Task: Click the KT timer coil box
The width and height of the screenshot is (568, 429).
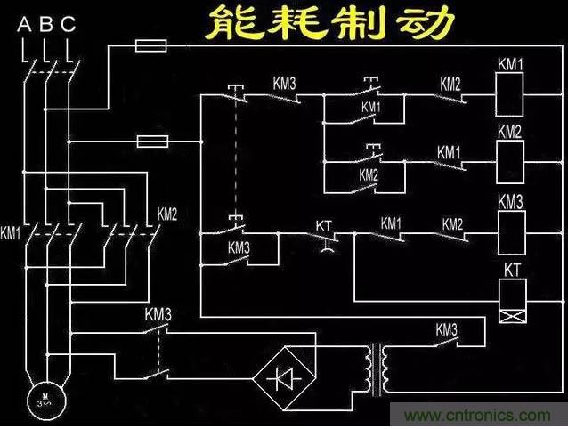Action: tap(515, 300)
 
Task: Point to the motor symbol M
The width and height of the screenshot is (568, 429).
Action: tap(38, 397)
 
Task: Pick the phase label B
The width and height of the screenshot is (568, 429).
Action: tap(45, 24)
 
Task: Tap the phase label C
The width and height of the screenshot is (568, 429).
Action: tap(69, 24)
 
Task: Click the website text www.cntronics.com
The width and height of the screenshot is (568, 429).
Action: tap(476, 416)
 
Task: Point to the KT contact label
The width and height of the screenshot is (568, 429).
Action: tap(323, 225)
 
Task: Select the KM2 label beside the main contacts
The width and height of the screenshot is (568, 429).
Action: tap(167, 214)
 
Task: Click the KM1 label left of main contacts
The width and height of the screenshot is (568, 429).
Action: tap(11, 234)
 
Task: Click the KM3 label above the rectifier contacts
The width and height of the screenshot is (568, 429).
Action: tap(158, 314)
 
